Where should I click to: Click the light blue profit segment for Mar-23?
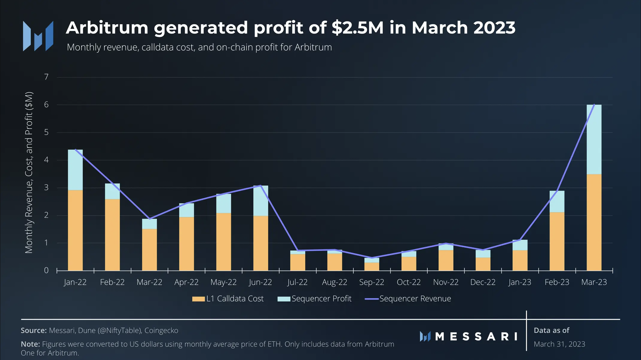point(594,139)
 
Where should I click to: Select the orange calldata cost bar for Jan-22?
point(75,230)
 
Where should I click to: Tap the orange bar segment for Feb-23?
point(557,241)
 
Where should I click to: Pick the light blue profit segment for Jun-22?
point(261,201)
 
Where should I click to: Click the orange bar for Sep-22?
point(372,266)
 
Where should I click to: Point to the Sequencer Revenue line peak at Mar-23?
point(594,105)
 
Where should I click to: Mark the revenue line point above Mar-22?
point(149,219)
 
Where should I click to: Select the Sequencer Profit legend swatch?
point(284,299)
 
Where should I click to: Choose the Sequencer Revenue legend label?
point(415,299)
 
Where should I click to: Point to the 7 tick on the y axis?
point(46,77)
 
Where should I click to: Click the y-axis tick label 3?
point(46,188)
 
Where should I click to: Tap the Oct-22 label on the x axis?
point(409,282)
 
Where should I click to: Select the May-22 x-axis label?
point(223,282)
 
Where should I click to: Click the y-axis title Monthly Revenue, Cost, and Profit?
point(29,173)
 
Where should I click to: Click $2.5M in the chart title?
point(358,28)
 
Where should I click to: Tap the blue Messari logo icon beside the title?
point(38,36)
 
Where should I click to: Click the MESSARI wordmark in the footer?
point(476,337)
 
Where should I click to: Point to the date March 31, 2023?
point(559,344)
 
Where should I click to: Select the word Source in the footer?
point(33,330)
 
